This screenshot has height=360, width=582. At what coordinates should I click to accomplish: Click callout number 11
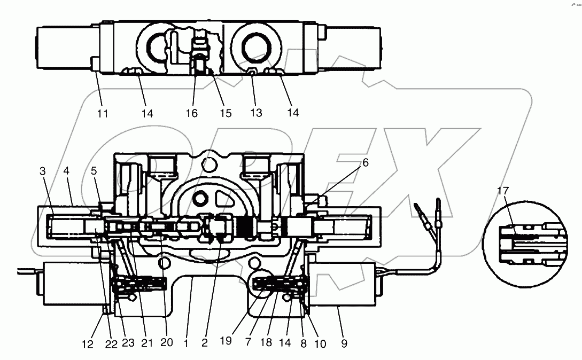click(x=103, y=113)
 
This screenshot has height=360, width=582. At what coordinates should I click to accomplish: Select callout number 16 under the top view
click(x=191, y=113)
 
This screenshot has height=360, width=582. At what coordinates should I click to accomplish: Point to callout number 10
click(x=321, y=342)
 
